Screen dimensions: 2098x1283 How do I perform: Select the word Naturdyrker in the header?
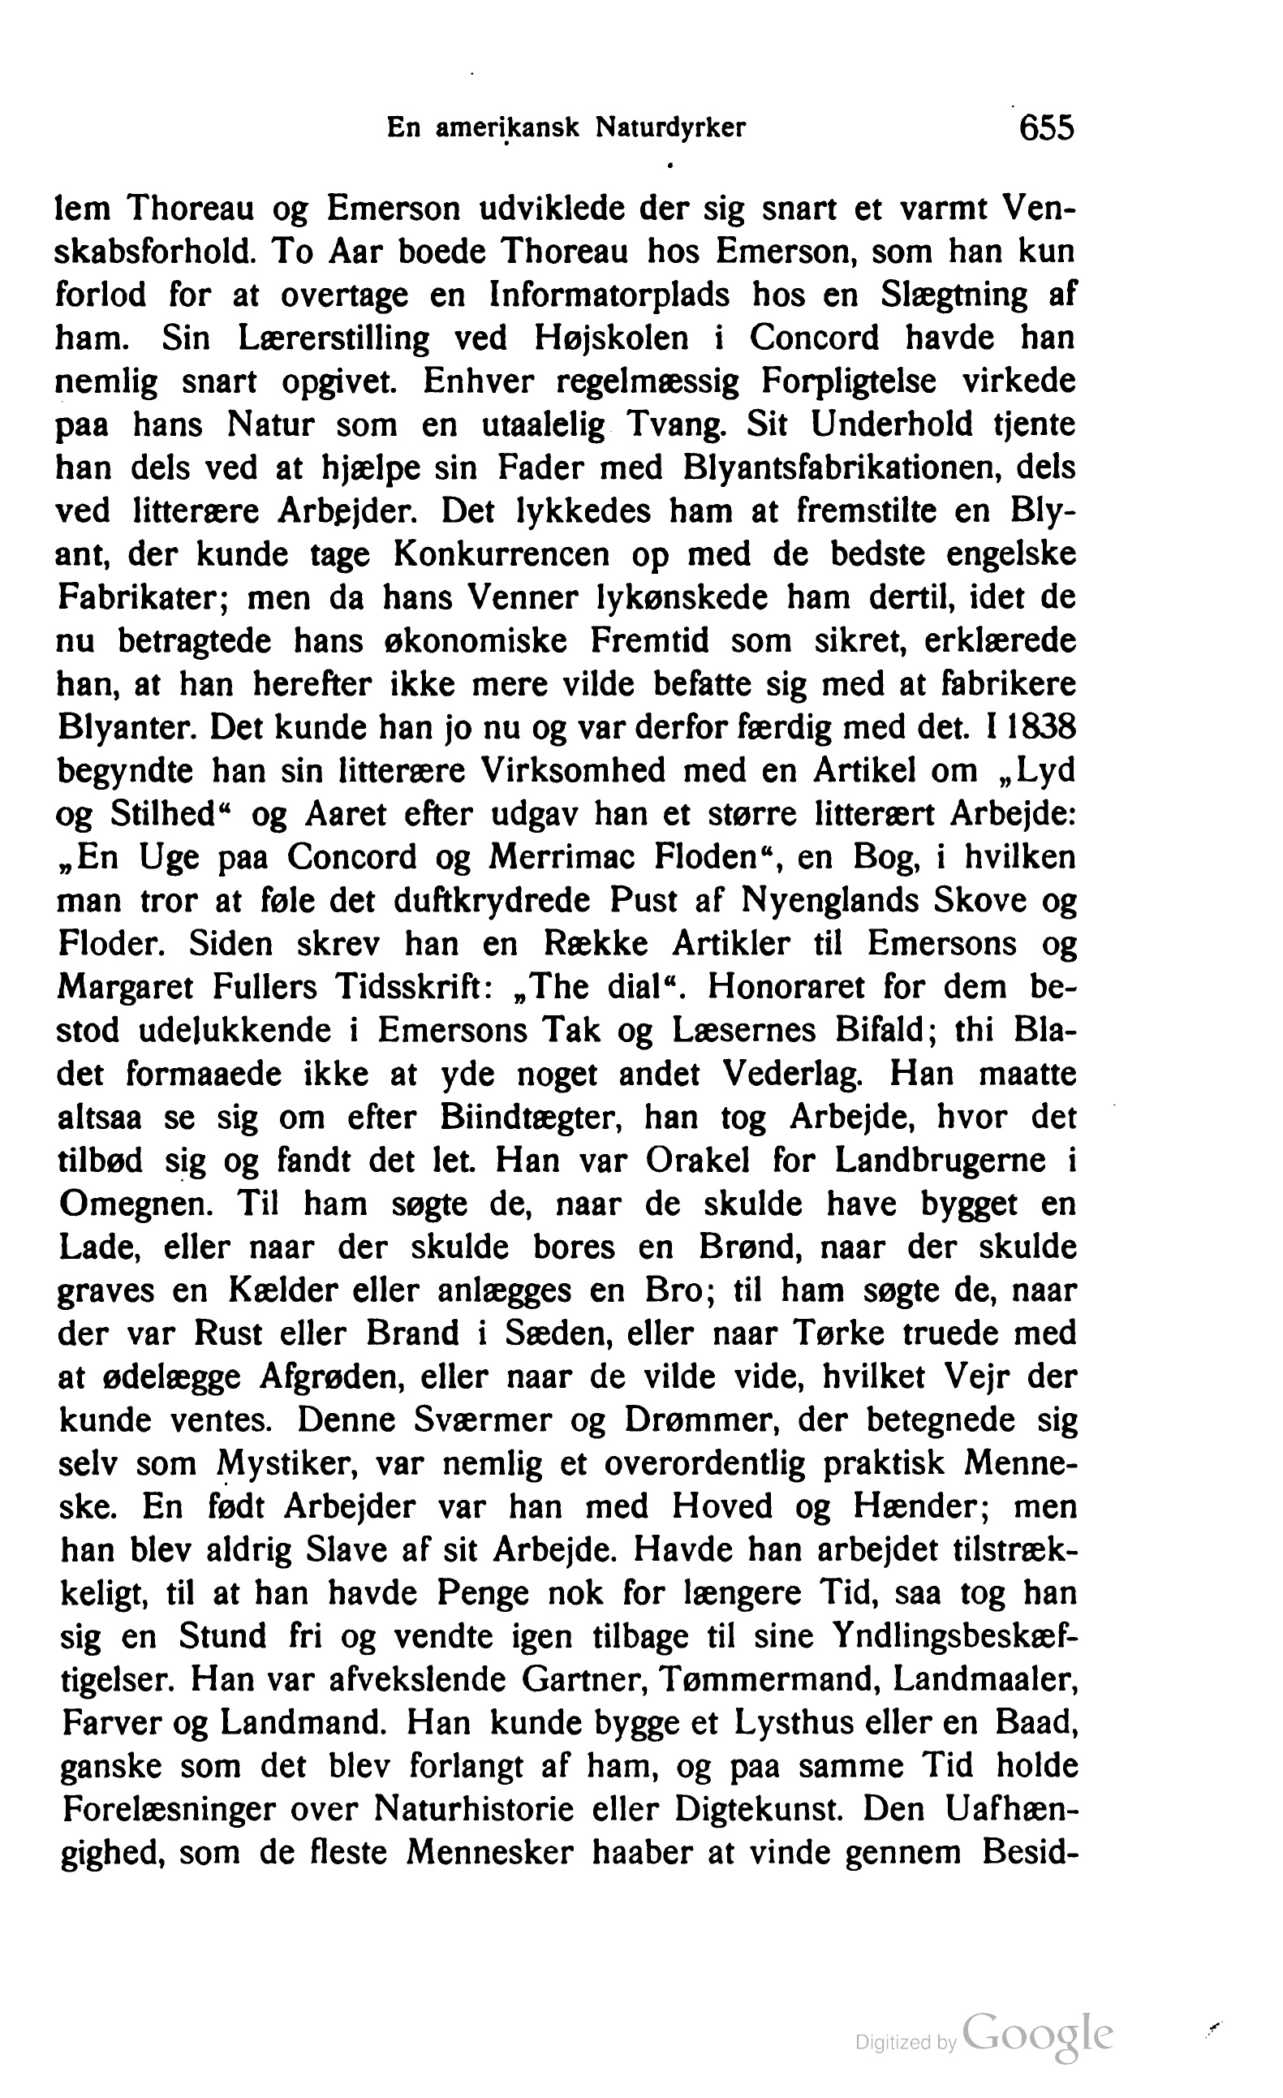(670, 128)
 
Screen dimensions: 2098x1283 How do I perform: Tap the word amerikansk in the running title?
(508, 128)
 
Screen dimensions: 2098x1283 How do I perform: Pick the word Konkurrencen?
(502, 555)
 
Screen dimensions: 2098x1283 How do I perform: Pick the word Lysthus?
(791, 1723)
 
